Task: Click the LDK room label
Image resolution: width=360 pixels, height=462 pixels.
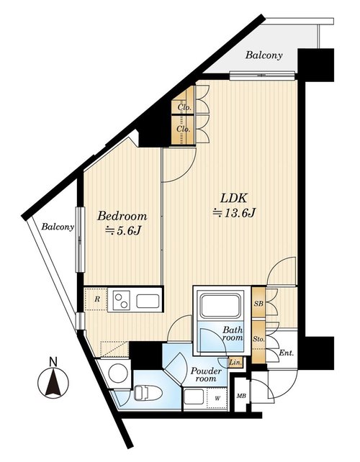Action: [233, 198]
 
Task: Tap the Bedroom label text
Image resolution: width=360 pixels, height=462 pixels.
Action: [122, 217]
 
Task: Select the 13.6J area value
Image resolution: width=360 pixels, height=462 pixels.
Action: [234, 212]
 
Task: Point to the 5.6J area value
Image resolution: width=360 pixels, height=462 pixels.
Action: [123, 231]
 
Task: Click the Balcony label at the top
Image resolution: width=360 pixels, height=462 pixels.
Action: [264, 55]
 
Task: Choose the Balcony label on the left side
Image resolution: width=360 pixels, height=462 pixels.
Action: [58, 227]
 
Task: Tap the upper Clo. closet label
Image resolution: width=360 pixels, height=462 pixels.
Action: [184, 107]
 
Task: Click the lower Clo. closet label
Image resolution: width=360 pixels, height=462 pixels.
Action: [184, 129]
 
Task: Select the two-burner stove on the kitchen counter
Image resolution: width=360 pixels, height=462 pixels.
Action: [120, 301]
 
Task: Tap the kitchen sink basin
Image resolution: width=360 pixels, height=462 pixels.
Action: [148, 301]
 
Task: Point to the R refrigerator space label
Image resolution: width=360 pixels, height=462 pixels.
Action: [97, 299]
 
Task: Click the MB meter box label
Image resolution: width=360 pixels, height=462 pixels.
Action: [241, 397]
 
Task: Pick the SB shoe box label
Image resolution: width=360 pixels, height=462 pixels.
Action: [258, 304]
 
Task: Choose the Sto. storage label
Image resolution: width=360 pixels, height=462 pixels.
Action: [258, 340]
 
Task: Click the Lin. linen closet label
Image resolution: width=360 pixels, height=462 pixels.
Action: [235, 362]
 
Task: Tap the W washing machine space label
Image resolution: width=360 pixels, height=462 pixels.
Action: [217, 399]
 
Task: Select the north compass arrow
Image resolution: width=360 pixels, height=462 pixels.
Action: [53, 382]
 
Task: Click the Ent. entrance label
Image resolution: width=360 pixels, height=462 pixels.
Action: [287, 353]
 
